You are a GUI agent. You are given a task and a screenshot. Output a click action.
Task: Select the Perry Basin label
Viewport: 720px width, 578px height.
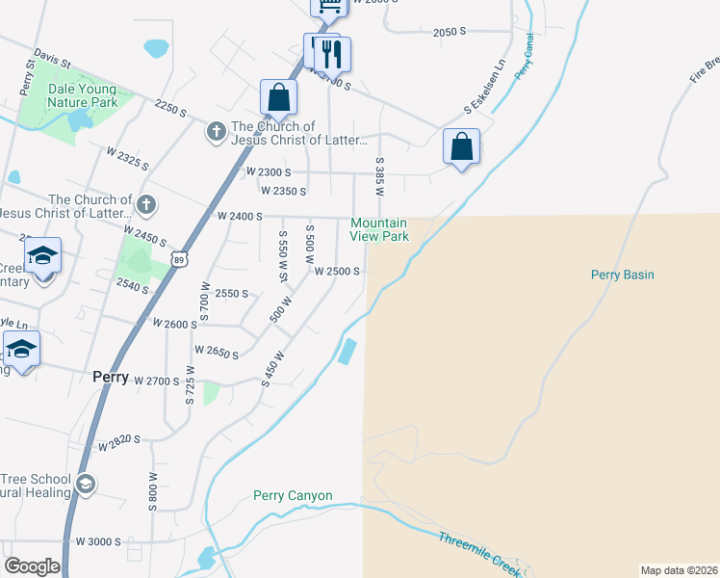point(622,275)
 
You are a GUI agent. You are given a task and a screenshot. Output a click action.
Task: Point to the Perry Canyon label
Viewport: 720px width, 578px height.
point(293,496)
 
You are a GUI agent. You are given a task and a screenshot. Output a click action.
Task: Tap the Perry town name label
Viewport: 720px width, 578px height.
point(111,378)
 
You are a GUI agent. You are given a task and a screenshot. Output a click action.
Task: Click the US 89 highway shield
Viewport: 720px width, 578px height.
point(179,259)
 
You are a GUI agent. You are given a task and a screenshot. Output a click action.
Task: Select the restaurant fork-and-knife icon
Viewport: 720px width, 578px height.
point(333,54)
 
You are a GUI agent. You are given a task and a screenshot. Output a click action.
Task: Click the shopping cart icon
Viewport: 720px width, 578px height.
point(328,5)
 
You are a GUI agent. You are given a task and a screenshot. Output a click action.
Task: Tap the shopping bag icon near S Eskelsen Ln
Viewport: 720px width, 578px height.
point(462,146)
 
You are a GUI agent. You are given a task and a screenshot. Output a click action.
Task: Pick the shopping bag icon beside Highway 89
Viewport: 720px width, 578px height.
point(278,96)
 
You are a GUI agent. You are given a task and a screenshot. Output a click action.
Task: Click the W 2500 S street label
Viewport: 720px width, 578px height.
point(337,272)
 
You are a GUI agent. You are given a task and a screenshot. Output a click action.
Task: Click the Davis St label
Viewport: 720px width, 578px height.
point(52,59)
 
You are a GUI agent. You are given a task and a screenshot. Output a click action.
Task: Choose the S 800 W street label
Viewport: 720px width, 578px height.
point(152,490)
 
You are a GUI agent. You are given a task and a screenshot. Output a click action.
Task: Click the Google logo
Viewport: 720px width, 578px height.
point(32,566)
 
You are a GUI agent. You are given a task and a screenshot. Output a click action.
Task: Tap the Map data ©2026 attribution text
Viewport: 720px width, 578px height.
point(680,570)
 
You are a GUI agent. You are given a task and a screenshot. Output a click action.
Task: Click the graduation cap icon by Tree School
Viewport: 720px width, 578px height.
point(86,484)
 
